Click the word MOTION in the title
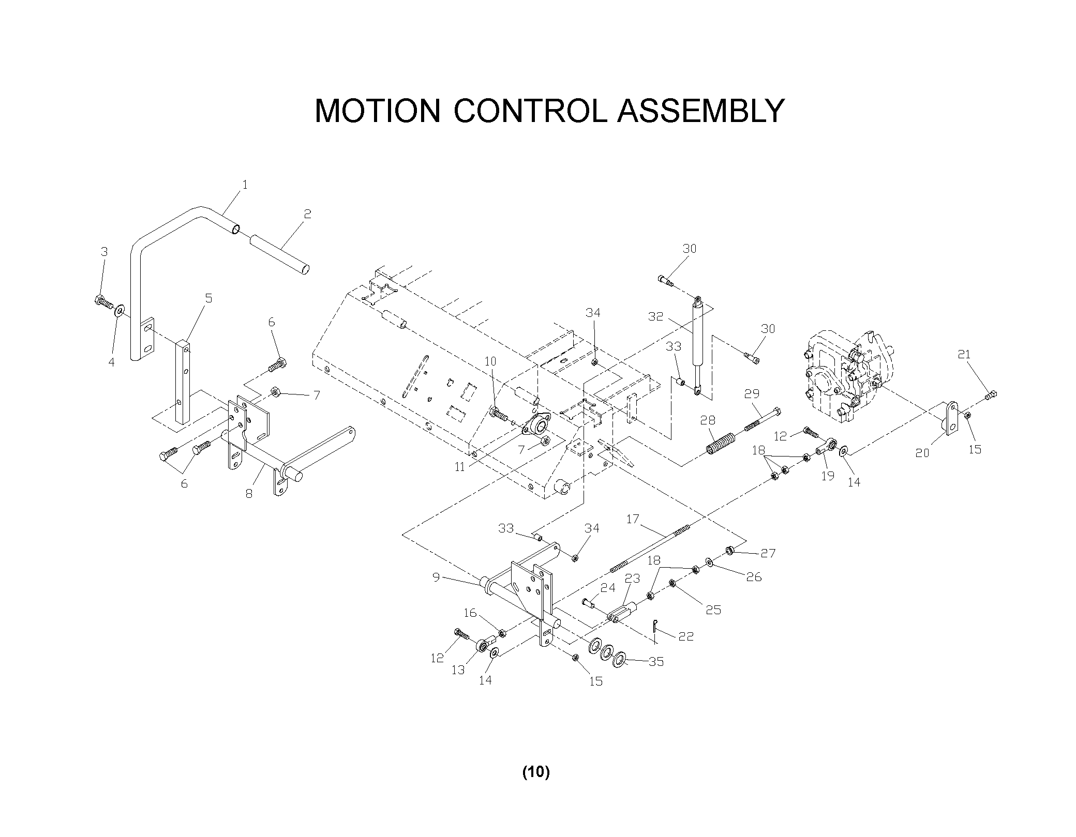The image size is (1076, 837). tap(377, 111)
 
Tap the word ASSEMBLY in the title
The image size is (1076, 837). tap(701, 111)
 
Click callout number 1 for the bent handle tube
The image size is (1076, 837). tap(245, 185)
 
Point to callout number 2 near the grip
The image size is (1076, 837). tap(307, 214)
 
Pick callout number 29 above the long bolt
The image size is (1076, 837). tap(752, 394)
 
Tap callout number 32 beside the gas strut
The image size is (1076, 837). tap(655, 316)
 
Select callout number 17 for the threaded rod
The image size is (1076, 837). tap(633, 519)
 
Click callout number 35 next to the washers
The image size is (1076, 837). tap(656, 662)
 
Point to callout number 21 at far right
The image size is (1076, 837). tap(964, 355)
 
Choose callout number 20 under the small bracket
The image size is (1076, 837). tap(922, 453)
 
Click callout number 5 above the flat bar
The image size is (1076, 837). tap(208, 298)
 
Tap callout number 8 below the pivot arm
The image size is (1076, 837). tap(249, 494)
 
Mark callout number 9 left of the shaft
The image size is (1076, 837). tap(436, 577)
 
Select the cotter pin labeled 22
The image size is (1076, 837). tap(655, 627)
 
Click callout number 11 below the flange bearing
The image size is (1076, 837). tap(460, 467)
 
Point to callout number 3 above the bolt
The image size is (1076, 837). tap(104, 252)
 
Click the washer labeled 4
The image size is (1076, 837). tap(121, 310)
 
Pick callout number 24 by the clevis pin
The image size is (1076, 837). tap(608, 588)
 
